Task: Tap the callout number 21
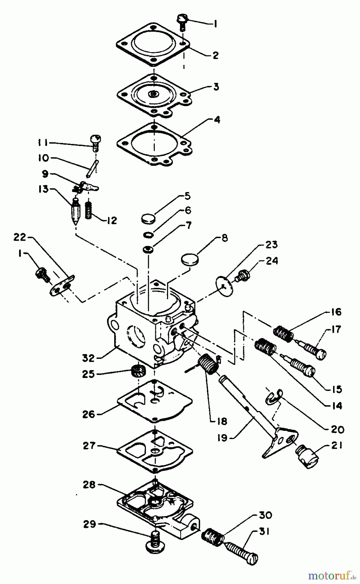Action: tap(336, 446)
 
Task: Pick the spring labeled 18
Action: tap(208, 365)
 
